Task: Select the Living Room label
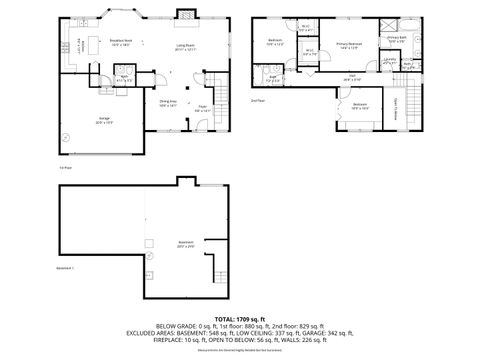click(x=186, y=46)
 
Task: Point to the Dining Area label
click(x=167, y=102)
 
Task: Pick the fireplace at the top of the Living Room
click(x=185, y=16)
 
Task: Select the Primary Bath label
click(x=397, y=39)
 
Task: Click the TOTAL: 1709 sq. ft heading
click(x=240, y=317)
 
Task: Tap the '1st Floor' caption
click(x=64, y=168)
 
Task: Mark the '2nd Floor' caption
click(x=258, y=100)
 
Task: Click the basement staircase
click(x=222, y=268)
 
